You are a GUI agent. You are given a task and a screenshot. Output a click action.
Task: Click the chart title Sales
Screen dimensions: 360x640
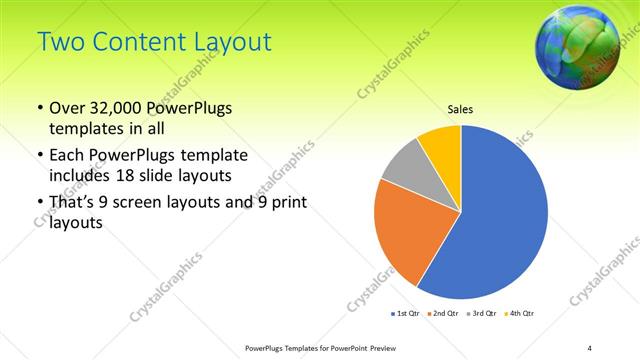point(460,110)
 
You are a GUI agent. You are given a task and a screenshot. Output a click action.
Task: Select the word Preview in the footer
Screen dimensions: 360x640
point(378,348)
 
